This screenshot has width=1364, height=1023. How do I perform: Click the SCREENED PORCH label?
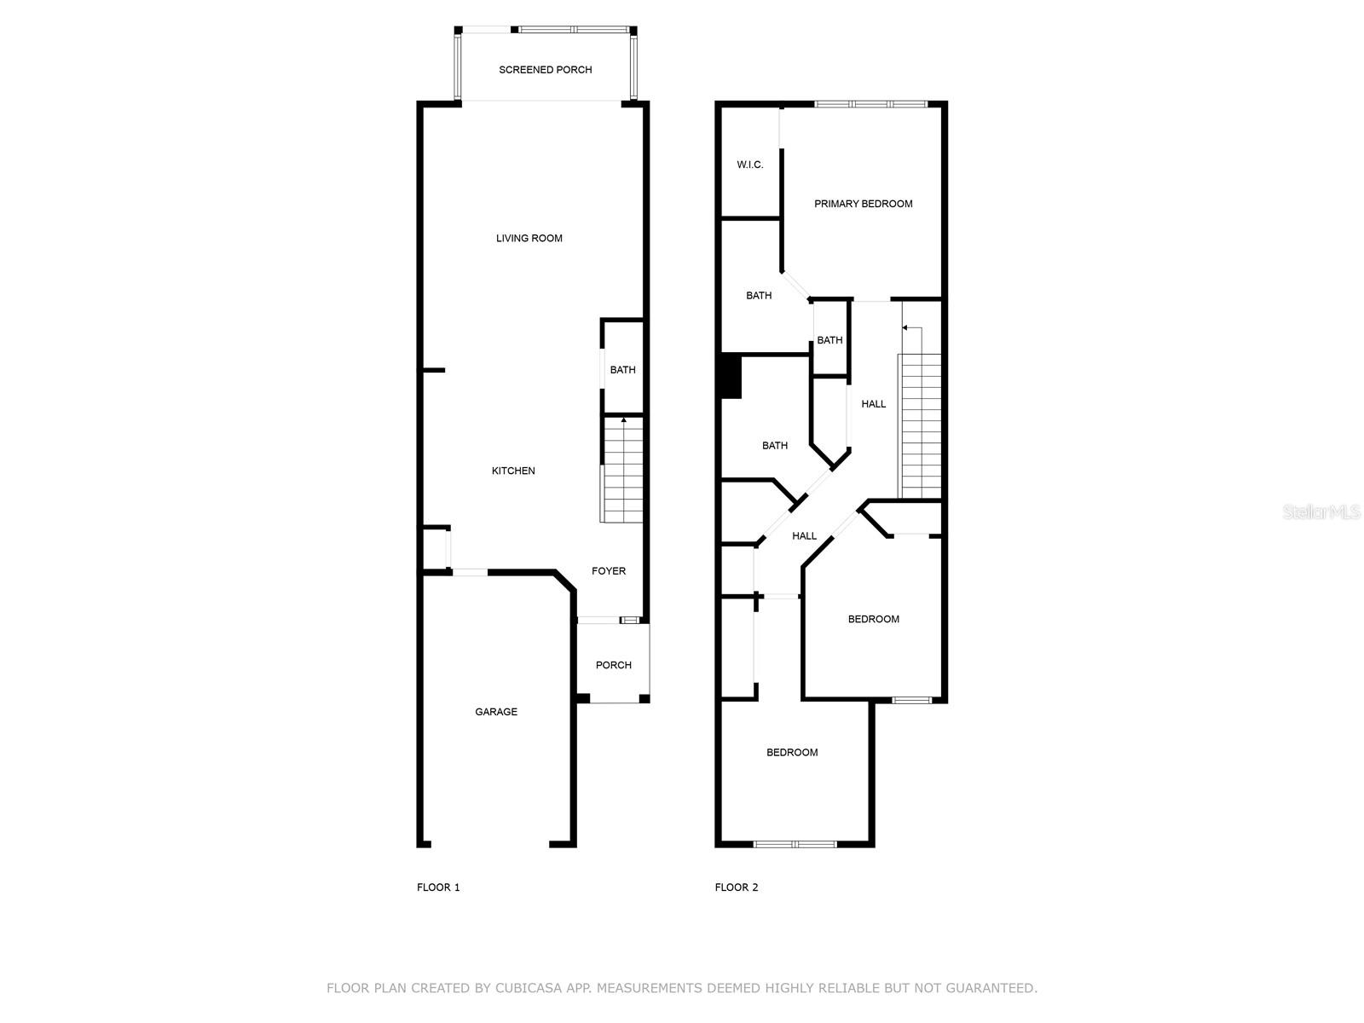(545, 70)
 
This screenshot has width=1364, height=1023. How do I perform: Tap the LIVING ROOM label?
(529, 239)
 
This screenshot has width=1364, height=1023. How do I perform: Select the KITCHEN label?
(513, 471)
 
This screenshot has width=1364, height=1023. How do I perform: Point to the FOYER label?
(609, 571)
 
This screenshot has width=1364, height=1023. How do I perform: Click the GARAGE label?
(496, 712)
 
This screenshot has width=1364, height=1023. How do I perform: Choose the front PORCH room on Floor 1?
(613, 665)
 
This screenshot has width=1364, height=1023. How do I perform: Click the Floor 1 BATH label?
(622, 370)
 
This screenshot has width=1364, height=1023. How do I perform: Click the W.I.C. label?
(750, 165)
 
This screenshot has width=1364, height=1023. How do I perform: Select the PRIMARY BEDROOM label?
(863, 204)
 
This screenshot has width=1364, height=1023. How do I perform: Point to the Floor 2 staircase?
(920, 426)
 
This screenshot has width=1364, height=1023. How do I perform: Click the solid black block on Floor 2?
(730, 376)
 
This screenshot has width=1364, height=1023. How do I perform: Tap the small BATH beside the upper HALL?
(829, 340)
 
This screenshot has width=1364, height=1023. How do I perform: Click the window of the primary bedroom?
(870, 104)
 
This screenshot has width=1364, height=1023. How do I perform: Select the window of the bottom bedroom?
(795, 844)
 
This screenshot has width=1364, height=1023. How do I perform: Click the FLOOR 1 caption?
(438, 887)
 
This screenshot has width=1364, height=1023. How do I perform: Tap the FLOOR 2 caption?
(737, 887)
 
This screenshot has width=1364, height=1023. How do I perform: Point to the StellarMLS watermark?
(1321, 512)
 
